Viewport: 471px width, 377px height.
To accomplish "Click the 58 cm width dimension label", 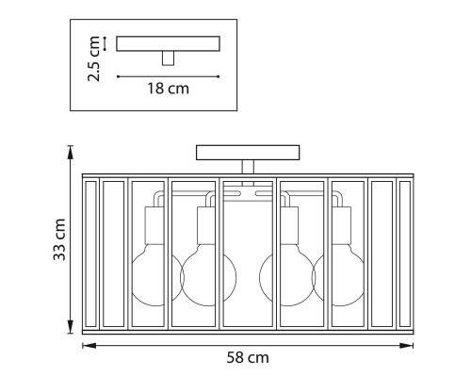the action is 248,357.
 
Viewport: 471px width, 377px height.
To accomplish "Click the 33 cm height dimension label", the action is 59,239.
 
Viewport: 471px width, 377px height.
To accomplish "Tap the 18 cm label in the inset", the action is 169,89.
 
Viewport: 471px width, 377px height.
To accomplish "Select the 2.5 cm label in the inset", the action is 94,58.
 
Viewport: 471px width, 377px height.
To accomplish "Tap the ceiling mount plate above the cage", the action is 248,153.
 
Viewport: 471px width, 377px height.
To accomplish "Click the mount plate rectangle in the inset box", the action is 168,43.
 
